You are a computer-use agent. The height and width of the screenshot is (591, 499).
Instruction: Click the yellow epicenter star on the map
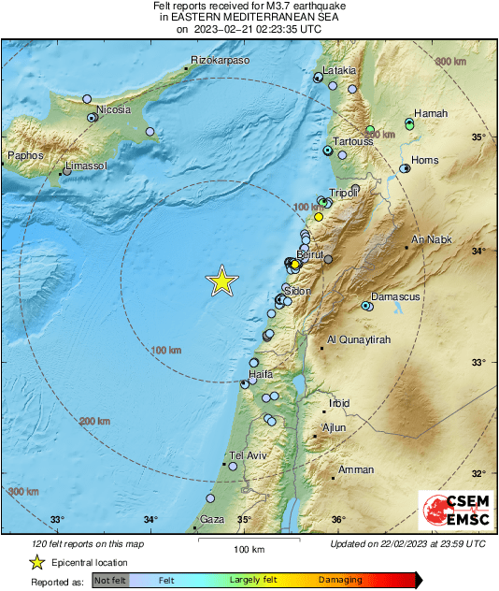tap(221, 281)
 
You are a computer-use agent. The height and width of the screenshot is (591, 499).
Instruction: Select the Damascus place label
tap(396, 296)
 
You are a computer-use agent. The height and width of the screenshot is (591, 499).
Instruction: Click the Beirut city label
tap(309, 254)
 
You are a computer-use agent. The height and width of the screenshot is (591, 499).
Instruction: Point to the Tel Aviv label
tap(249, 455)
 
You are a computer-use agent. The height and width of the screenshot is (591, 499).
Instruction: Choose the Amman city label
tap(356, 469)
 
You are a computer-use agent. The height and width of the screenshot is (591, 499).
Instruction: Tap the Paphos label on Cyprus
tap(25, 155)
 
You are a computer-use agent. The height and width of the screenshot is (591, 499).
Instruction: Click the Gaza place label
tap(212, 519)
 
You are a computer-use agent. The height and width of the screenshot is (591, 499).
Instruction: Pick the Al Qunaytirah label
tap(358, 339)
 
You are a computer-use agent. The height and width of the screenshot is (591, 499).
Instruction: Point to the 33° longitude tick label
tap(57, 520)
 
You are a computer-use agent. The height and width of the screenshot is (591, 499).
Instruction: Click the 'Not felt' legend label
tap(110, 581)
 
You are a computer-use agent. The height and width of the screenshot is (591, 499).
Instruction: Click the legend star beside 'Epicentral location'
tap(36, 562)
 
